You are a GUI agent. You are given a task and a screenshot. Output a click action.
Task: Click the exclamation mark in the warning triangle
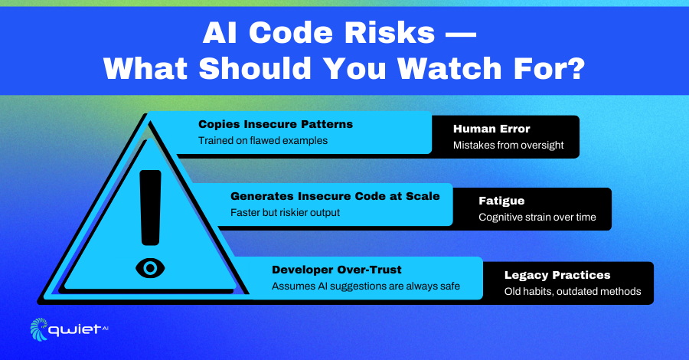(150, 208)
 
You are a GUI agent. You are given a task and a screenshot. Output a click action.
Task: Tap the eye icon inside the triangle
(150, 267)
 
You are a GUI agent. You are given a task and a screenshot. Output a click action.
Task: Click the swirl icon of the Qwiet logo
(39, 329)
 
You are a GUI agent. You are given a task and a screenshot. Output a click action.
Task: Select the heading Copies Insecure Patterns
(276, 124)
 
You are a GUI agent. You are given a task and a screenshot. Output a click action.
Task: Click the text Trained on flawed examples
(263, 141)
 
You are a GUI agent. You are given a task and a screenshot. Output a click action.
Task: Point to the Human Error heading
(491, 129)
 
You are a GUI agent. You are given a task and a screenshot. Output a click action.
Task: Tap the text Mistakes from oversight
(508, 145)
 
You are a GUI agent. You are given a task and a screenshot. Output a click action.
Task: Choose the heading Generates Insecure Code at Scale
(335, 196)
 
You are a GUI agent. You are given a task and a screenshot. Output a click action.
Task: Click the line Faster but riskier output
(285, 213)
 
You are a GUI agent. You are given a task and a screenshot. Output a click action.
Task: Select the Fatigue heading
(501, 201)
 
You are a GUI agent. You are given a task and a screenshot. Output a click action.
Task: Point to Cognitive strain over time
(537, 217)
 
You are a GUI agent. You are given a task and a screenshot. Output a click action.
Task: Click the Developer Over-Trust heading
(337, 270)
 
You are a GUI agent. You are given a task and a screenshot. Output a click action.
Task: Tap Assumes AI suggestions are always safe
(366, 286)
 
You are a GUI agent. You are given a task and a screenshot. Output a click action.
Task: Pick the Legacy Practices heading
(557, 275)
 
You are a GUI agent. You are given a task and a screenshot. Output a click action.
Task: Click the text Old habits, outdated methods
(572, 291)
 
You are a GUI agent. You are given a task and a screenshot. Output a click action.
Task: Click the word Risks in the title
(390, 33)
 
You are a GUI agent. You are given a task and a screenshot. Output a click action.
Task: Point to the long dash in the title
(461, 34)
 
